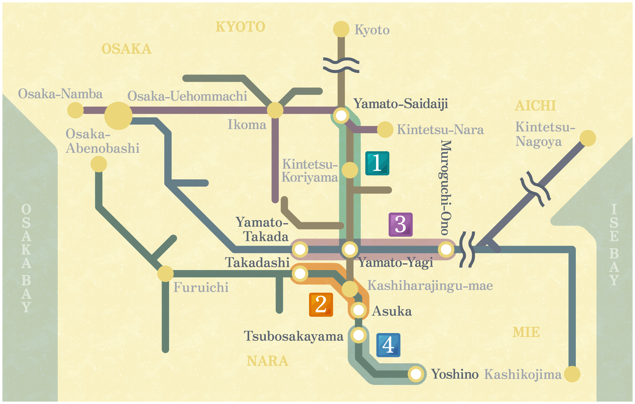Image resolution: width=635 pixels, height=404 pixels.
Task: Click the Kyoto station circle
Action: [x=341, y=29]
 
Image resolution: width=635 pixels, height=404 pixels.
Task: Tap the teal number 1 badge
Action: [x=377, y=163]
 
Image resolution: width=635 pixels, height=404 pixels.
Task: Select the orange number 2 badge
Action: [x=321, y=305]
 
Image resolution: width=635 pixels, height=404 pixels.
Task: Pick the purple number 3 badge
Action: [x=400, y=224]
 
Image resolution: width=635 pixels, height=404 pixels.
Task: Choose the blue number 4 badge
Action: [x=388, y=345]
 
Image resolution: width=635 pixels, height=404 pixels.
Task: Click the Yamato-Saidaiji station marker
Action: [x=341, y=115]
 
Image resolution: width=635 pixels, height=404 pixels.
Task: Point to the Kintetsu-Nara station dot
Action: [x=385, y=129]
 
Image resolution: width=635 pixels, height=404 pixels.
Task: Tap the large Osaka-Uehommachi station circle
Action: [x=118, y=116]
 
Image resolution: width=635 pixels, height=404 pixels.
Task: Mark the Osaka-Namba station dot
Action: [x=76, y=110]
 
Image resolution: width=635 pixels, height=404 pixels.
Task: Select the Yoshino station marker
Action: [x=416, y=374]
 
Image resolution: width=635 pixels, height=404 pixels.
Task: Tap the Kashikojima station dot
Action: [x=572, y=374]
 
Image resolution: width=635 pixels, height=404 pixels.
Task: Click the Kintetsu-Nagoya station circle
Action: [x=588, y=138]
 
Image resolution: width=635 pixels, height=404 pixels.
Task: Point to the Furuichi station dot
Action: [x=165, y=274]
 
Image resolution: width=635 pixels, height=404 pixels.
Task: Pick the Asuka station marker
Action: [x=358, y=310]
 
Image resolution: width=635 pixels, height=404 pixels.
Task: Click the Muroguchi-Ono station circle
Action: [x=446, y=249]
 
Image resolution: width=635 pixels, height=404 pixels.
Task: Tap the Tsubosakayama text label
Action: [x=293, y=336]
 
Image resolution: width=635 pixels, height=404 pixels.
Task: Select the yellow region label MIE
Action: [x=526, y=332]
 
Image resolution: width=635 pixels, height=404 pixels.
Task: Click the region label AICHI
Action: [x=535, y=106]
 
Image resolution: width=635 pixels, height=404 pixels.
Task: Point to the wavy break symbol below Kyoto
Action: [x=341, y=65]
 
